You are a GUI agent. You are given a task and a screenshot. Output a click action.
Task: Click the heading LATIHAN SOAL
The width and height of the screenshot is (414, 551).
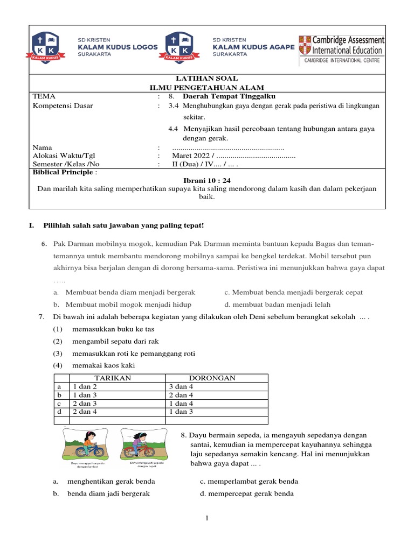207,79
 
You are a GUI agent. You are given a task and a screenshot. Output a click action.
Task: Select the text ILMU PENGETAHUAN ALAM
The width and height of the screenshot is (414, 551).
207,88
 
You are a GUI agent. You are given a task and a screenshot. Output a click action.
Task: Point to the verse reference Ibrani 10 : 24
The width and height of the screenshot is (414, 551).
207,180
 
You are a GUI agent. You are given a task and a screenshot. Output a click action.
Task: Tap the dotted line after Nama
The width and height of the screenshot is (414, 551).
228,147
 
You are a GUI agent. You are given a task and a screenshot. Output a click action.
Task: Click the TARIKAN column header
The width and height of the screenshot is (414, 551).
113,378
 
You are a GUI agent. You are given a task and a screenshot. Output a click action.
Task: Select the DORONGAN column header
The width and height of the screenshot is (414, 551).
212,378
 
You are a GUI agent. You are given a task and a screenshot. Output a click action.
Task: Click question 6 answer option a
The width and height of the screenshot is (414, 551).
124,292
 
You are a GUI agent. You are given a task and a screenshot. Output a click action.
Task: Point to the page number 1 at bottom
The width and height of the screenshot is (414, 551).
206,518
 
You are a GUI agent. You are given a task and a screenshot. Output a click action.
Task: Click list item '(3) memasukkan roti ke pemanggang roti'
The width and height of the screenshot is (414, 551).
123,354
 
